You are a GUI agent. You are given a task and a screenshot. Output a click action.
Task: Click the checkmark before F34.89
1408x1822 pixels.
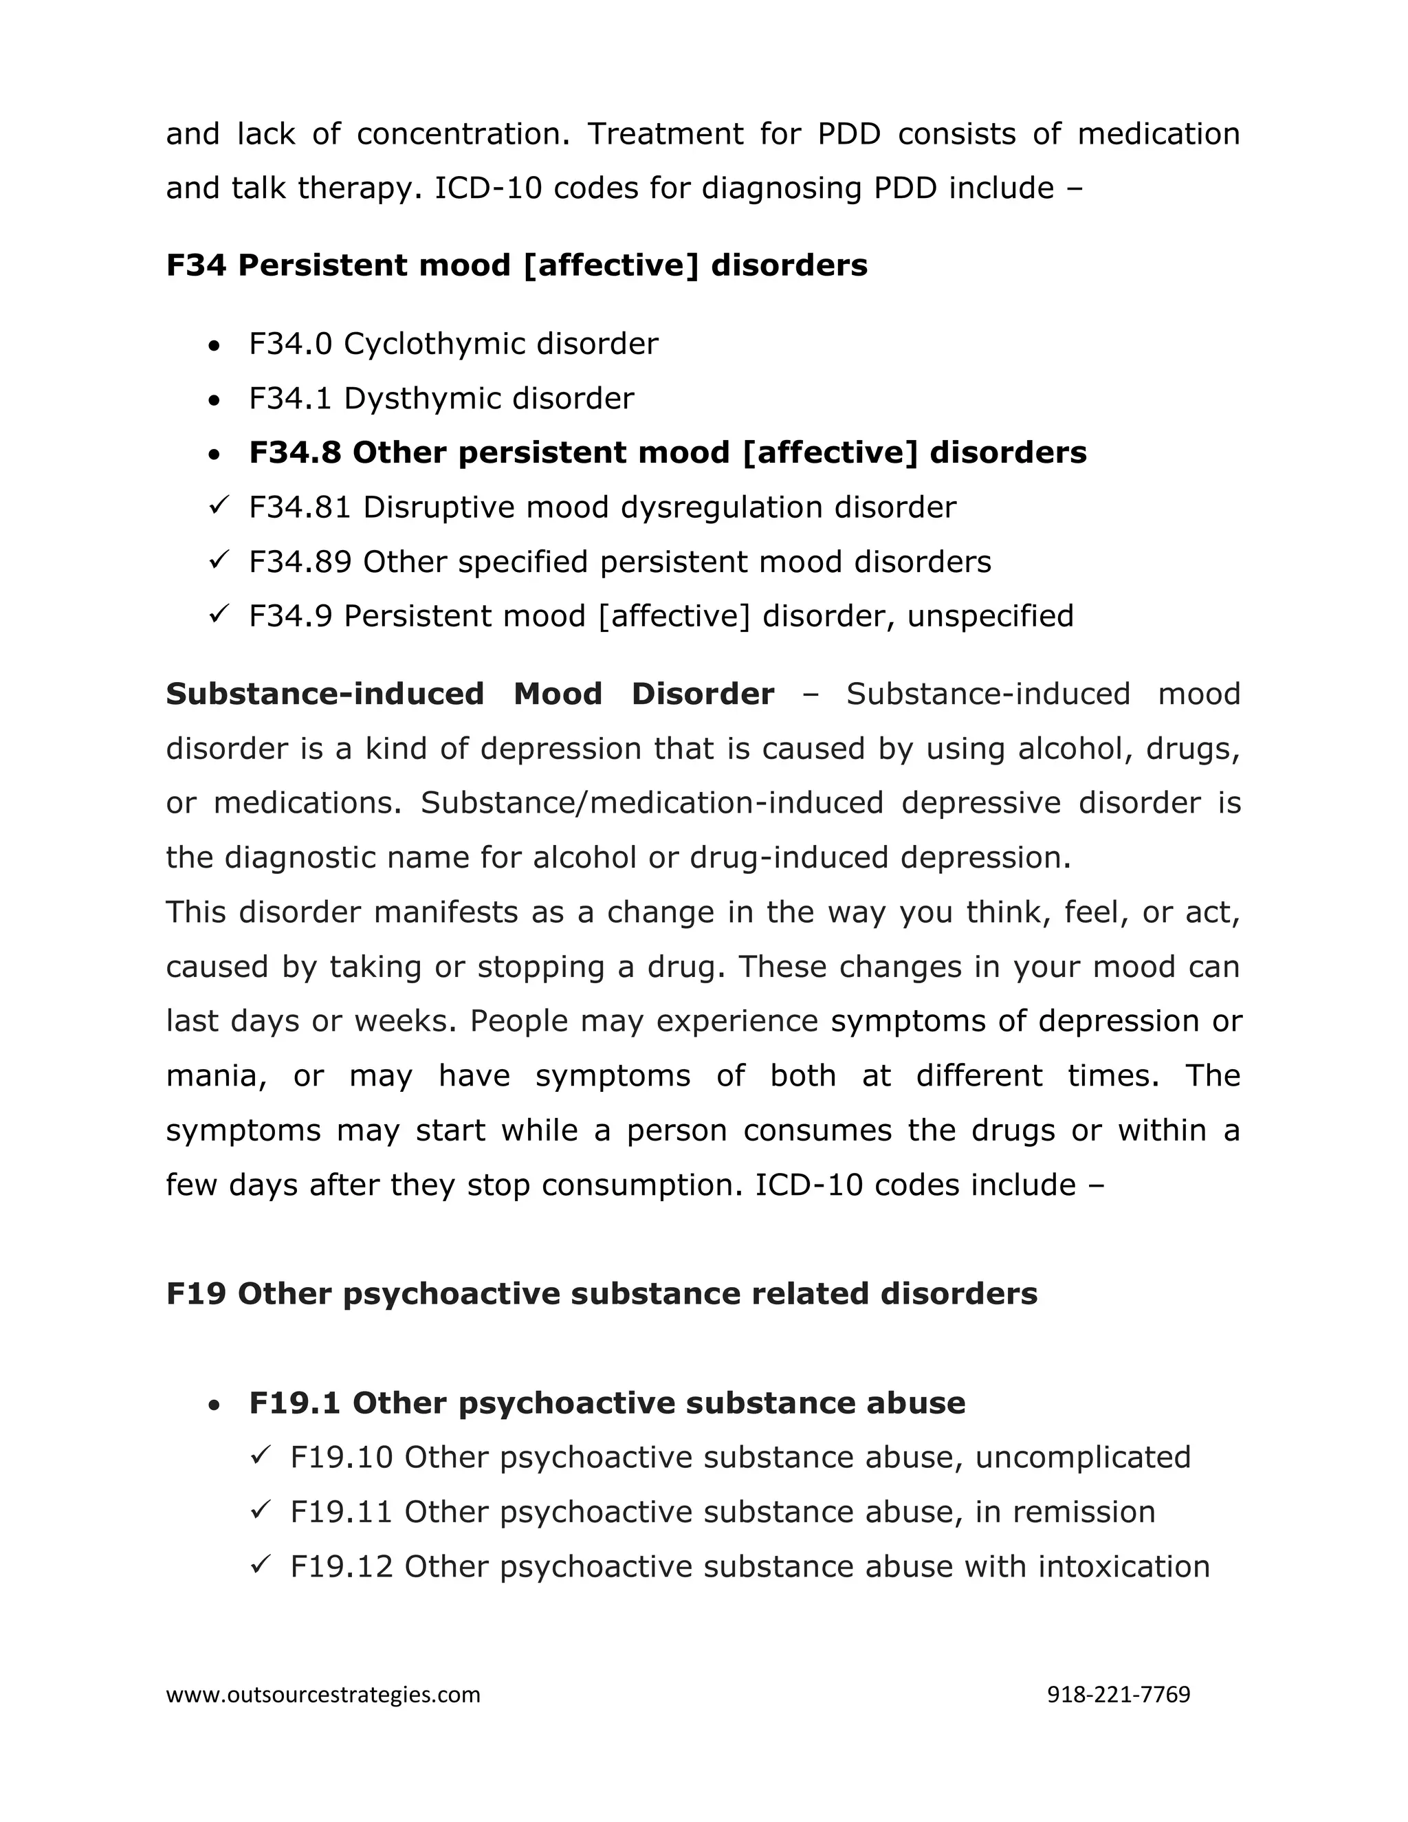click(x=219, y=560)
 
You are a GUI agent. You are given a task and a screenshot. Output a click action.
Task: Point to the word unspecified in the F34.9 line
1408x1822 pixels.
click(x=990, y=617)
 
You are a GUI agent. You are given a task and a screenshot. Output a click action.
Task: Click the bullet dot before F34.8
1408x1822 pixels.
click(x=215, y=454)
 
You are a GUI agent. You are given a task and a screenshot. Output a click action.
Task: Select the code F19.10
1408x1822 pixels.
click(x=341, y=1458)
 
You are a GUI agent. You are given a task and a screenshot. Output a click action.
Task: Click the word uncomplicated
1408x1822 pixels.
click(x=1083, y=1458)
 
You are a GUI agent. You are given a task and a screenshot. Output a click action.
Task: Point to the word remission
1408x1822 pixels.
click(x=1083, y=1512)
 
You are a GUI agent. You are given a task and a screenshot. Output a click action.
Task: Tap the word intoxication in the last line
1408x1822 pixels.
click(x=1123, y=1566)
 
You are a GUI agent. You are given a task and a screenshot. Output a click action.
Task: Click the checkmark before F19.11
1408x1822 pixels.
click(x=259, y=1511)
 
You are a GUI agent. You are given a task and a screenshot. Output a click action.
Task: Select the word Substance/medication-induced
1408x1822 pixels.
click(x=652, y=802)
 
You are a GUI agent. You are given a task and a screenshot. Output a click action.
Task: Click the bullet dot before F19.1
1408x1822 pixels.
click(x=215, y=1405)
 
